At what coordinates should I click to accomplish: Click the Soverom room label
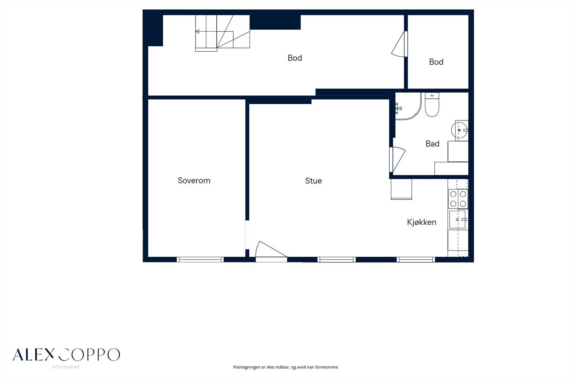tap(194, 181)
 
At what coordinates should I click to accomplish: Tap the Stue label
tap(313, 181)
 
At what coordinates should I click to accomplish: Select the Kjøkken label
tap(421, 222)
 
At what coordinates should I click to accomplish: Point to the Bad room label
tap(432, 144)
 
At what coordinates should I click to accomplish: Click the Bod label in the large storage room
tap(295, 58)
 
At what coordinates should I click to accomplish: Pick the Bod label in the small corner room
tap(436, 62)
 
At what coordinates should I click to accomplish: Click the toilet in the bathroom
tap(432, 104)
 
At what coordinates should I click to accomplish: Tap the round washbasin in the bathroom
tap(459, 130)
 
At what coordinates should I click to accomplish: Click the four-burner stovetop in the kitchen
tap(458, 199)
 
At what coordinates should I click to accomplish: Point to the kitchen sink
tap(458, 220)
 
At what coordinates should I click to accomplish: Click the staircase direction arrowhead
tap(197, 32)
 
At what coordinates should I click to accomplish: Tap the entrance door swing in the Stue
tap(271, 250)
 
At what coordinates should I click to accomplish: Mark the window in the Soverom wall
tap(200, 260)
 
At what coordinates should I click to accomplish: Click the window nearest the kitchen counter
tap(416, 260)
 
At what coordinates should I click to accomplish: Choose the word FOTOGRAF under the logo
tap(66, 367)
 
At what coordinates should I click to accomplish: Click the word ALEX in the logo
tap(34, 355)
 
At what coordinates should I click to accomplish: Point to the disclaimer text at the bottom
tap(285, 367)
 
